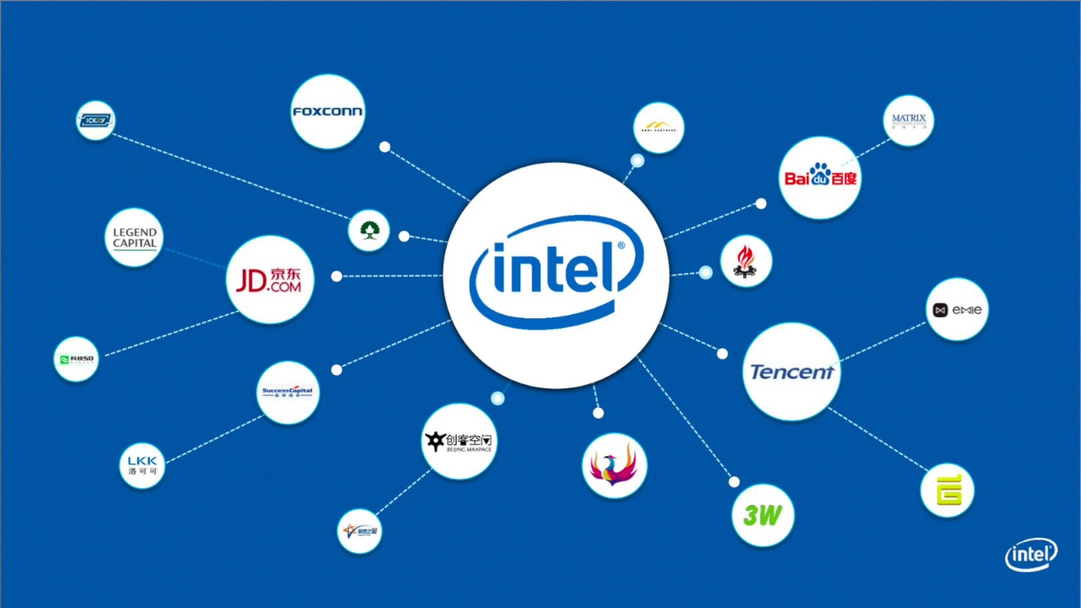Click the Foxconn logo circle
point(328,111)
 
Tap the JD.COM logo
point(270,280)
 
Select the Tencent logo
point(791,372)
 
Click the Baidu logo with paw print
point(820,177)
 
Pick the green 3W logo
point(763,515)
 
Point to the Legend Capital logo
point(134,238)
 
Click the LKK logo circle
point(142,465)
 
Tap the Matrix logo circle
point(909,120)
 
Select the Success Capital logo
point(288,392)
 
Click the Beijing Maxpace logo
point(459,442)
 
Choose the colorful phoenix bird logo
point(614,466)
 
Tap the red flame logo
point(745,261)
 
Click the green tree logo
point(369,231)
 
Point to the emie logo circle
point(957,309)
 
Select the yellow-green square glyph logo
point(948,490)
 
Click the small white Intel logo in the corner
point(1031,555)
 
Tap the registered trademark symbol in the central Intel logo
point(621,246)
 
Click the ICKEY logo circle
point(95,120)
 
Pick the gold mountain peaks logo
point(658,127)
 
